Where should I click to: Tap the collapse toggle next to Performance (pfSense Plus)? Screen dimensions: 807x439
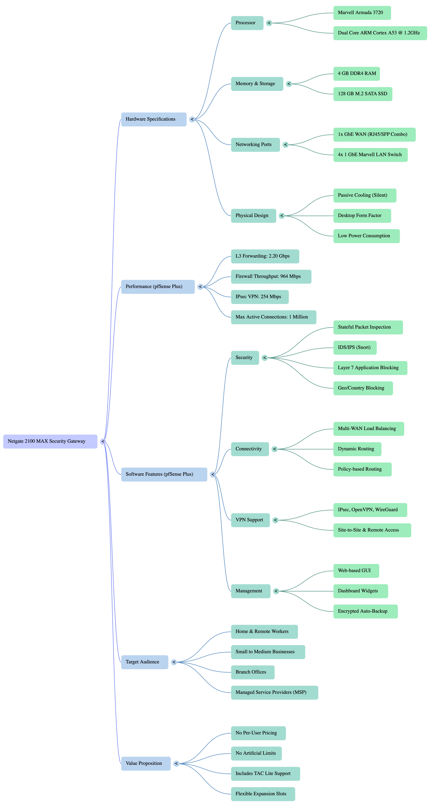(200, 287)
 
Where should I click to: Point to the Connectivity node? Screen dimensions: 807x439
(250, 449)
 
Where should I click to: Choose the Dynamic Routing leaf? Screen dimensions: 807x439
(357, 449)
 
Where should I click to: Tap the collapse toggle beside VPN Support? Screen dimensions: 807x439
(275, 520)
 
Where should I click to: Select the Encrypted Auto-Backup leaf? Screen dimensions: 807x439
(365, 611)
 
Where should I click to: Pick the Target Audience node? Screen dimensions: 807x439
(145, 662)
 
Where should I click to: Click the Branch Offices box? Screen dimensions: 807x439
(253, 672)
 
